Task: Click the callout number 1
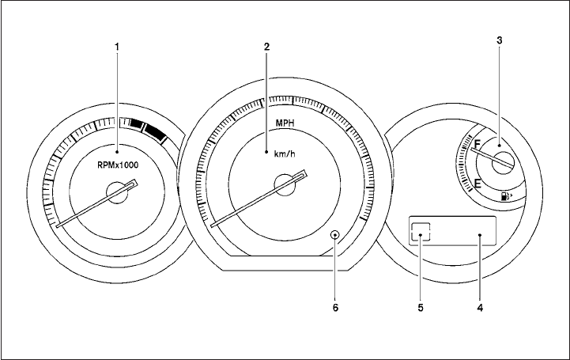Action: pos(117,47)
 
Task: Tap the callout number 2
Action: pos(267,47)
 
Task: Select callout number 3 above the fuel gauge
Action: pos(500,40)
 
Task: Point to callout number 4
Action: pos(480,308)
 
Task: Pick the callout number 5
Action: pos(421,308)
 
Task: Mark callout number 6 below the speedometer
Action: pos(335,308)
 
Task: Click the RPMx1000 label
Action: pos(118,165)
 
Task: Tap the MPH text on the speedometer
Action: pos(285,123)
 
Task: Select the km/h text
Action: pos(285,153)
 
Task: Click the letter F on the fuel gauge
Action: pos(477,144)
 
